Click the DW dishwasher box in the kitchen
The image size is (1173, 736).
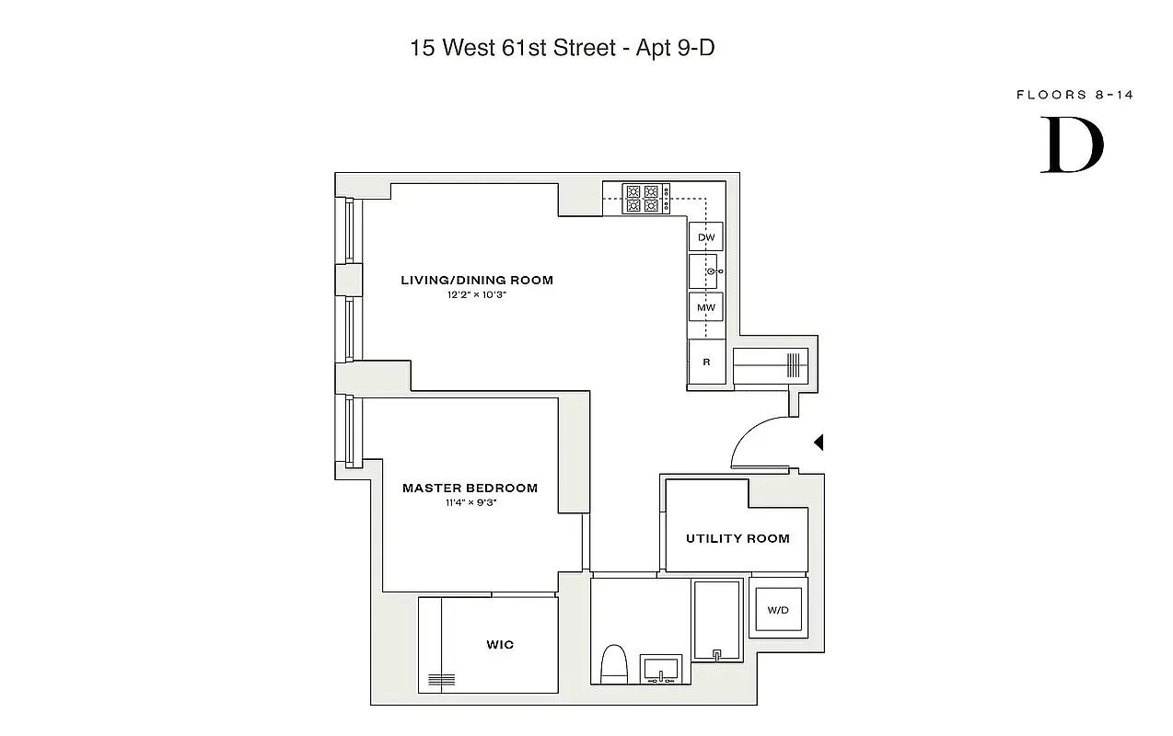pos(706,237)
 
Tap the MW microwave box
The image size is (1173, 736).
pos(706,306)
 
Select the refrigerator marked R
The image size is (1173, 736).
pos(706,362)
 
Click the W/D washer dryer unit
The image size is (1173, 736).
pos(778,610)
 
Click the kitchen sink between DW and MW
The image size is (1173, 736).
pos(706,271)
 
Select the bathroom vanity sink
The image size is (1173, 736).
pos(662,669)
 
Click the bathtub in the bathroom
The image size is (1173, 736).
pos(716,620)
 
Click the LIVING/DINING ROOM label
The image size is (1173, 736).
pos(477,280)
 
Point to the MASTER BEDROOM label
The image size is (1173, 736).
pos(470,489)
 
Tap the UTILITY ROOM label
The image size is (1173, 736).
pos(737,538)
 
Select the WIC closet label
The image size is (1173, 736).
pos(500,645)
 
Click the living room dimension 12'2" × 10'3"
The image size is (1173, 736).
pos(477,295)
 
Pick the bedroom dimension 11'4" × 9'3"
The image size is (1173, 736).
pos(470,503)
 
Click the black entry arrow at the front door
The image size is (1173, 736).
pos(819,443)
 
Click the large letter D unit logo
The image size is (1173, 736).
pos(1072,144)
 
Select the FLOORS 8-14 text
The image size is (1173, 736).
pos(1074,95)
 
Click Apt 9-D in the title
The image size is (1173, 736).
pos(675,48)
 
